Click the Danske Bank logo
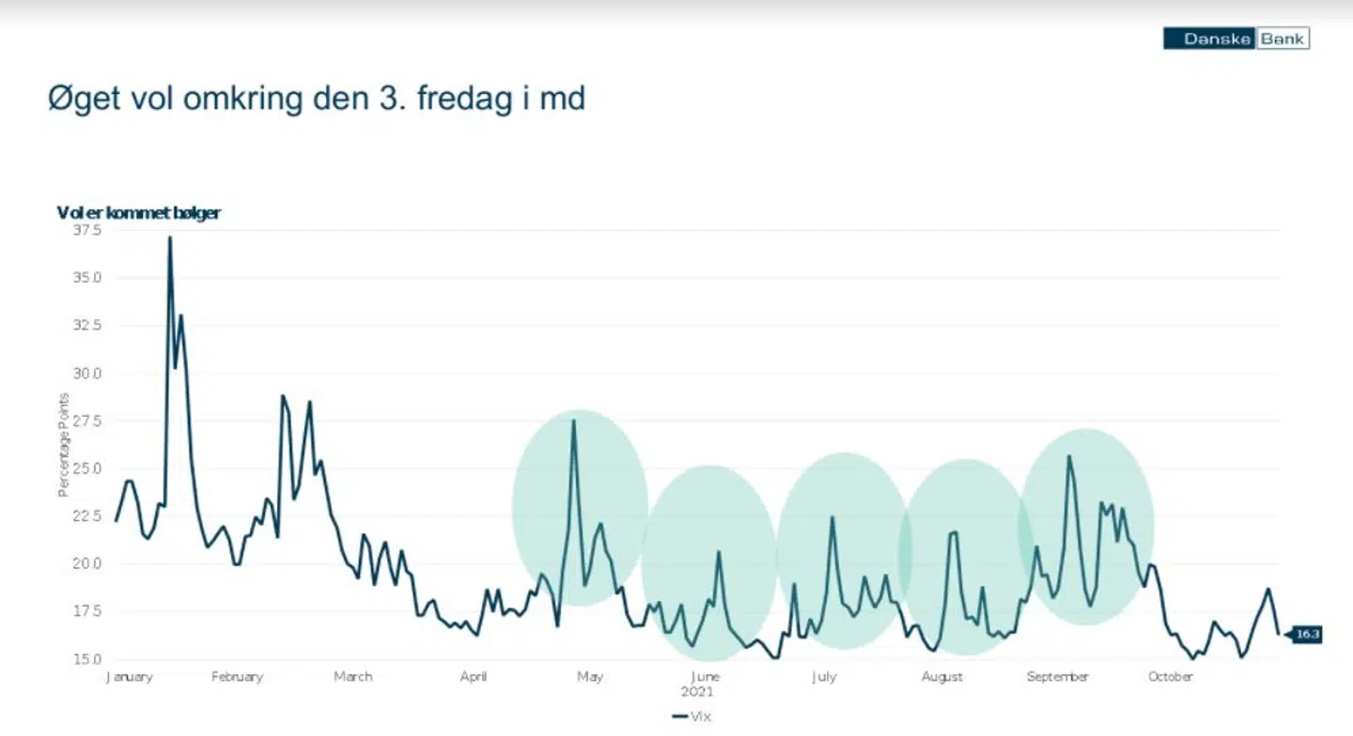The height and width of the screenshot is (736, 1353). click(x=1236, y=38)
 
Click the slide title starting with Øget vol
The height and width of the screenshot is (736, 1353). click(x=317, y=98)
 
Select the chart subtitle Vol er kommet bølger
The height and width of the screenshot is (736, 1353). click(x=138, y=213)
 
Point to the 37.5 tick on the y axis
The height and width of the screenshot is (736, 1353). click(x=86, y=230)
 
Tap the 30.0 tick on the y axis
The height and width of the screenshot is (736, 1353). click(x=86, y=373)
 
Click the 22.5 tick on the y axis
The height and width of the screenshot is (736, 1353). click(x=86, y=515)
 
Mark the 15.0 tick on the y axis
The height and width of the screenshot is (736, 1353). click(x=86, y=658)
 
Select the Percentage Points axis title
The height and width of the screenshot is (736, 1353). click(x=64, y=445)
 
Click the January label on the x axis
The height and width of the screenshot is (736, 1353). click(x=130, y=676)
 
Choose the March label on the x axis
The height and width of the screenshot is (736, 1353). click(x=352, y=676)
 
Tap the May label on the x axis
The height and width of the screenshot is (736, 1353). click(x=589, y=676)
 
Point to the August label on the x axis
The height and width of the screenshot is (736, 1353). click(x=941, y=676)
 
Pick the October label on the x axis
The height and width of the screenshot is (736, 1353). click(x=1171, y=676)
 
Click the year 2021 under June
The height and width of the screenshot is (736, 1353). click(x=698, y=692)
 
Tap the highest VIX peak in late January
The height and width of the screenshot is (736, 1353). click(x=170, y=238)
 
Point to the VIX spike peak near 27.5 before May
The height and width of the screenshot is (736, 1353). click(x=573, y=421)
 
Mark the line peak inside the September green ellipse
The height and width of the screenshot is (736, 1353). click(x=1068, y=456)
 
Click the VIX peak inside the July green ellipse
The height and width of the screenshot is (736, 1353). click(x=832, y=517)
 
